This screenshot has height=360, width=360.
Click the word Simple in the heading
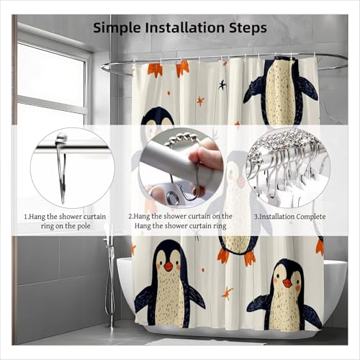[x=117, y=28]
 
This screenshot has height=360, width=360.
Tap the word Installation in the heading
[x=186, y=27]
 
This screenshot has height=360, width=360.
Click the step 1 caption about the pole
[x=65, y=221]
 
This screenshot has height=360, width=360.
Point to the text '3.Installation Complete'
[x=290, y=217]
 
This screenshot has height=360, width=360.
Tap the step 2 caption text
[x=180, y=221]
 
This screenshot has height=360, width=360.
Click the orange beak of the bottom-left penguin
[x=168, y=266]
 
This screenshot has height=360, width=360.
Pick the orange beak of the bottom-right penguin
[x=287, y=283]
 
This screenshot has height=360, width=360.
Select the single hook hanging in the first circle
[x=61, y=168]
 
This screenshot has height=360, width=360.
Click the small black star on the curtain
[x=222, y=85]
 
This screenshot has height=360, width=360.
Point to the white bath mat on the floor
[x=204, y=341]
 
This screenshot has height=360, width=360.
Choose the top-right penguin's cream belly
[x=281, y=95]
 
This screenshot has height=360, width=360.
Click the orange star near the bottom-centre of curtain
[x=227, y=293]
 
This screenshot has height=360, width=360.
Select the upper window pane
[x=52, y=75]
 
